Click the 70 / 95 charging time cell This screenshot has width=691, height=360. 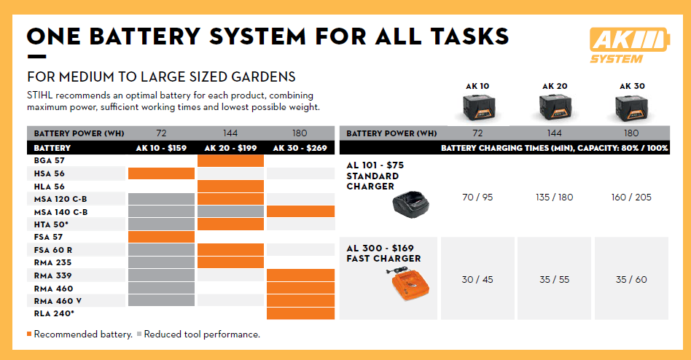click(x=477, y=197)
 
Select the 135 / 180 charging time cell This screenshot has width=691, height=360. click(x=555, y=197)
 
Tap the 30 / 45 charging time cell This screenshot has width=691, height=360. click(x=477, y=279)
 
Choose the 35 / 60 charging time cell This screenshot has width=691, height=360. click(x=631, y=279)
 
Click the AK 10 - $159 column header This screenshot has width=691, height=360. click(x=161, y=148)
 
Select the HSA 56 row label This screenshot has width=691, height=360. click(x=50, y=173)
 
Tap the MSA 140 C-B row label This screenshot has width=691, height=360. click(x=60, y=211)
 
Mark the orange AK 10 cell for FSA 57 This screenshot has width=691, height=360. click(x=161, y=237)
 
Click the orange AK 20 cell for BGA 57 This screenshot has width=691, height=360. click(x=230, y=160)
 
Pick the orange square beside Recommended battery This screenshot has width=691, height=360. click(x=29, y=334)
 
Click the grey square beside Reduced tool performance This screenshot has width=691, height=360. click(x=139, y=334)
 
